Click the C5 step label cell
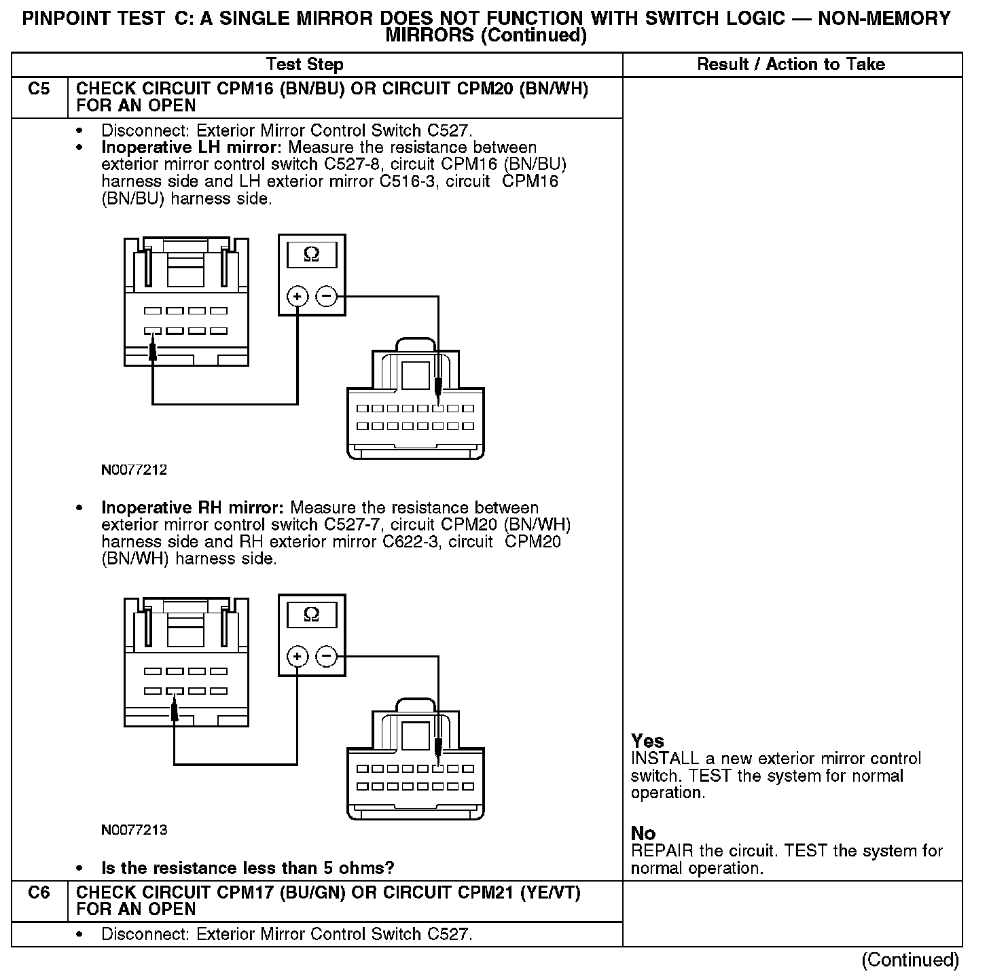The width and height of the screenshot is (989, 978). point(39,90)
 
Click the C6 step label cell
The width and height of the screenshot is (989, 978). point(39,892)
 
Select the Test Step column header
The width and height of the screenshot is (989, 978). point(305,65)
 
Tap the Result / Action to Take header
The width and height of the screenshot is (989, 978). point(791,65)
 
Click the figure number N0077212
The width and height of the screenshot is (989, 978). point(134,469)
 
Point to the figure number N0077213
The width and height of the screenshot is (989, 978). point(134,829)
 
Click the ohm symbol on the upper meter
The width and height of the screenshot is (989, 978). point(311,255)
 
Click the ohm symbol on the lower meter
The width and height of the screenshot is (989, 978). point(311,615)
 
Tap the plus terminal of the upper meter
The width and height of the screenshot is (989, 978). point(298,296)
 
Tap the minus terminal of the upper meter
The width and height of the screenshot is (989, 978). point(327,296)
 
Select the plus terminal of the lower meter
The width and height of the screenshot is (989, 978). point(298,656)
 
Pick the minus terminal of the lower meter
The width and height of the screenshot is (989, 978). point(327,656)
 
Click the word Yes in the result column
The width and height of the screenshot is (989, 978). point(647,741)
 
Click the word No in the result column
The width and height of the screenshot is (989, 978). point(643,833)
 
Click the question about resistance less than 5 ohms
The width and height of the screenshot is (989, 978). point(247,868)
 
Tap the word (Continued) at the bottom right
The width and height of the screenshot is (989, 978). point(910,960)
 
